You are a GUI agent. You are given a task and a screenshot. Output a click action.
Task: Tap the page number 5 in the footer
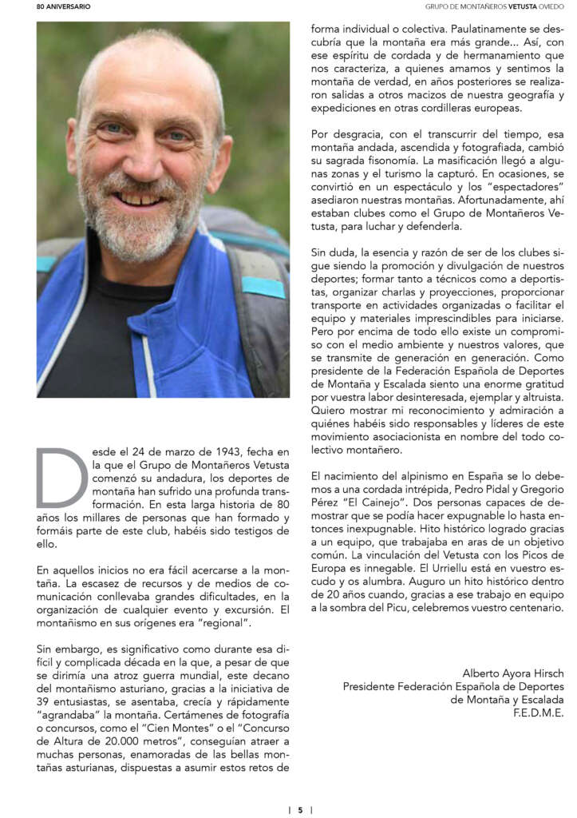(x=300, y=809)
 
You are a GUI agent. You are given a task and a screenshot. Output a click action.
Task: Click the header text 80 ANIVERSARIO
(x=63, y=6)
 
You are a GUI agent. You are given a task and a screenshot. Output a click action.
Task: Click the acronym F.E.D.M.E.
(x=539, y=713)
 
